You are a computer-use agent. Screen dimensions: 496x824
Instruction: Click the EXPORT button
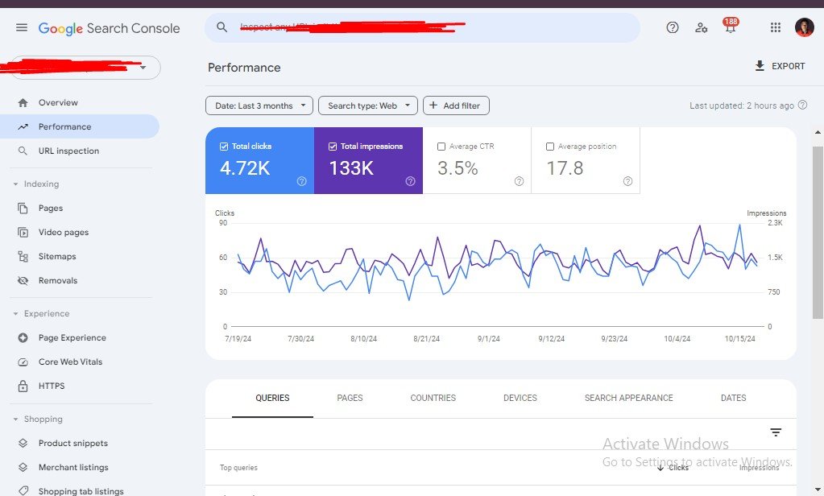[780, 66]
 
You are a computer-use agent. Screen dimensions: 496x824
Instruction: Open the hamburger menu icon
[22, 27]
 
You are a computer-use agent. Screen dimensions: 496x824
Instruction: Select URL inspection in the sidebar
[68, 151]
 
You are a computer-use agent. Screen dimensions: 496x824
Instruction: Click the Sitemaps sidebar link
[57, 256]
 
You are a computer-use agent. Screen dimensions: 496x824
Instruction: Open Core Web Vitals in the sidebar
[70, 362]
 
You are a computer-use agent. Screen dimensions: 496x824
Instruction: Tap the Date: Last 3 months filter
[259, 105]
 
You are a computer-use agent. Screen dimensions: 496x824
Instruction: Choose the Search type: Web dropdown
[368, 105]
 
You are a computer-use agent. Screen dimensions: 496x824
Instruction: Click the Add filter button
[456, 105]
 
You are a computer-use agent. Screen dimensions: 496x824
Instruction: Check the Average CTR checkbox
[441, 147]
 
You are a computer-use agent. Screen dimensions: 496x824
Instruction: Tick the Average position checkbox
[550, 147]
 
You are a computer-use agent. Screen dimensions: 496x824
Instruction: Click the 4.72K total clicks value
[245, 168]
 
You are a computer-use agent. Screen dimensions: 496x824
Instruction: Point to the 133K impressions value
[351, 168]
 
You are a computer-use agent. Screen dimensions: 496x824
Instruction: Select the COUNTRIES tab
[433, 398]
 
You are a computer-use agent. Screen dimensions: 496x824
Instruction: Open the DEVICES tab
[520, 398]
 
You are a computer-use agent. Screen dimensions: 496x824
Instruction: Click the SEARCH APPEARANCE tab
[628, 398]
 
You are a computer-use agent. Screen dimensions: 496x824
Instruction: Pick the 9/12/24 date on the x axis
[552, 339]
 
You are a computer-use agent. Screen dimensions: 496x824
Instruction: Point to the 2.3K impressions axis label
[775, 222]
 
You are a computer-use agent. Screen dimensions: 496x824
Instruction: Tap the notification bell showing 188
[731, 28]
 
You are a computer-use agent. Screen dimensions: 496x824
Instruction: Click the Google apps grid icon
[776, 27]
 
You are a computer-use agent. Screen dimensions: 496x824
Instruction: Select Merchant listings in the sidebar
[73, 467]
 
